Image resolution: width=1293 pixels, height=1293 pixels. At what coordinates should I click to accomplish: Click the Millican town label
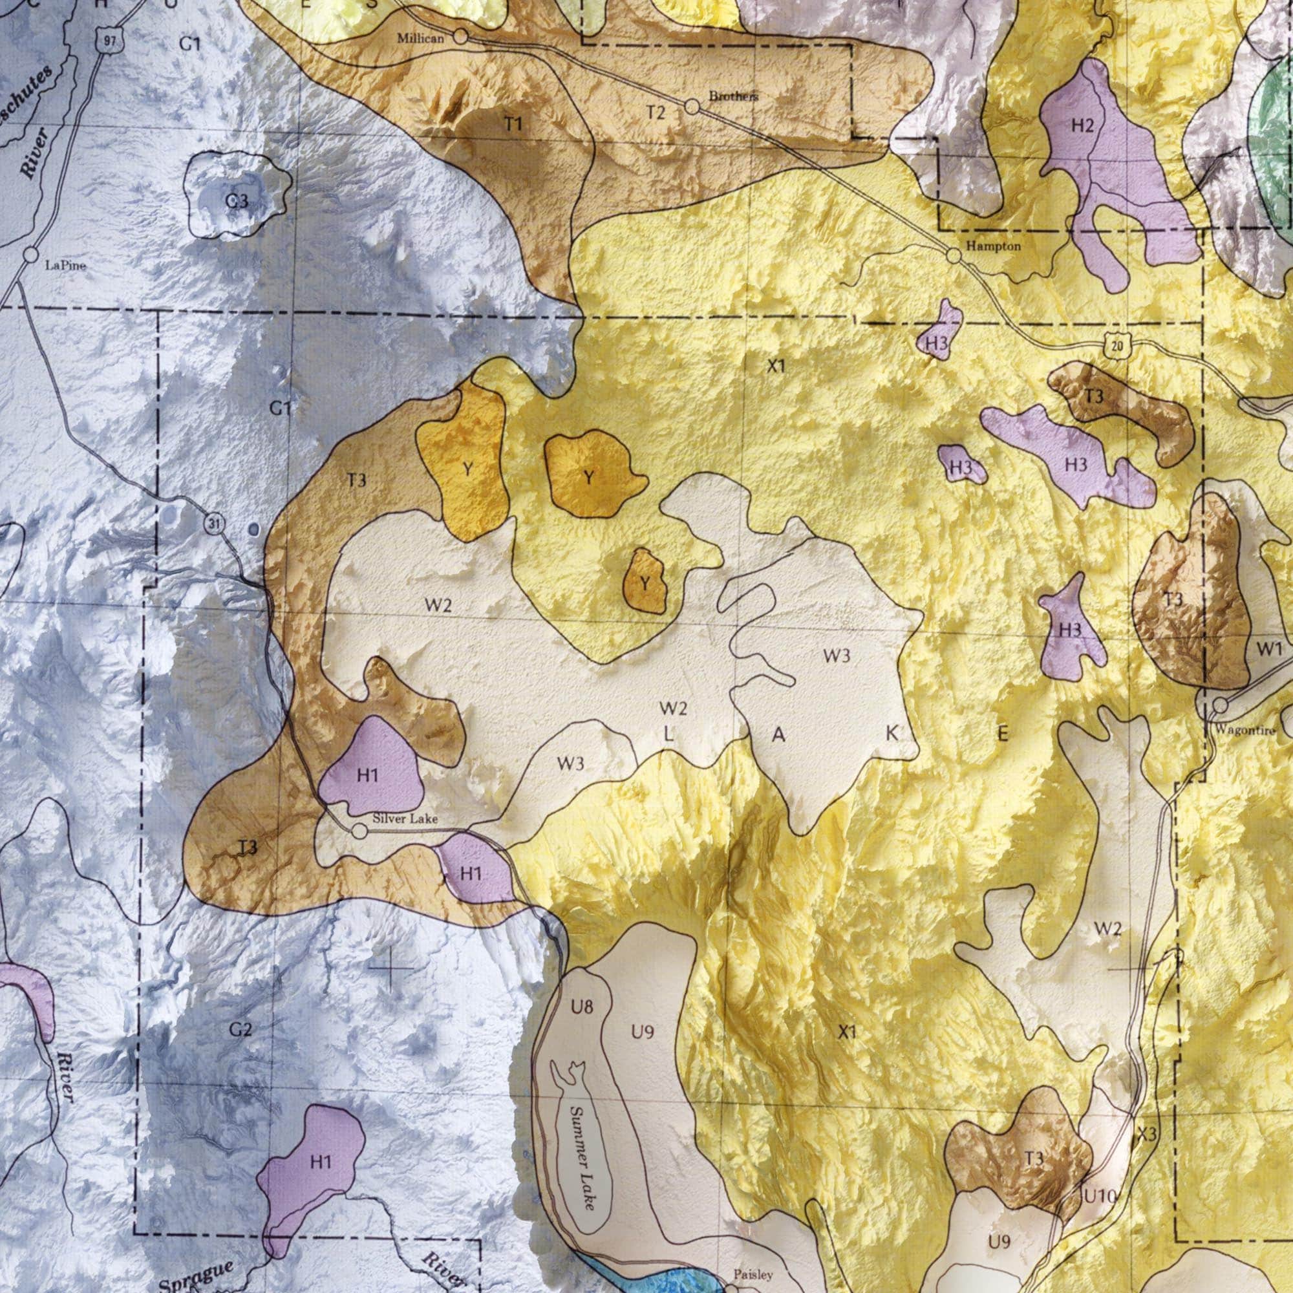point(420,39)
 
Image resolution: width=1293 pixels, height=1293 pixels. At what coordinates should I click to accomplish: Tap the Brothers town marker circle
point(692,107)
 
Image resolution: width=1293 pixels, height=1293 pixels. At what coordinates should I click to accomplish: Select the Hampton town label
point(993,246)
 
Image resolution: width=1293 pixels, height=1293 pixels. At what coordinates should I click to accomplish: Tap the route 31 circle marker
point(213,524)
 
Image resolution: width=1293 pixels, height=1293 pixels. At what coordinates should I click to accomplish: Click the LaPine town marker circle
point(31,255)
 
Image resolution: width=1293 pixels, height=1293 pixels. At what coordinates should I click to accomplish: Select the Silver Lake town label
point(405,818)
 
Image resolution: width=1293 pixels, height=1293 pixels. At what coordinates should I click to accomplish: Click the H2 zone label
point(1083,125)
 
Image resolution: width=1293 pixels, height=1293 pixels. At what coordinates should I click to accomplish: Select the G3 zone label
point(236,201)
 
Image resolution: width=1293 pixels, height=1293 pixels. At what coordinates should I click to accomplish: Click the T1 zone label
point(513,125)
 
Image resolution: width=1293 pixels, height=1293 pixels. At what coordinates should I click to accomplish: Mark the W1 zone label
point(1269,648)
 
